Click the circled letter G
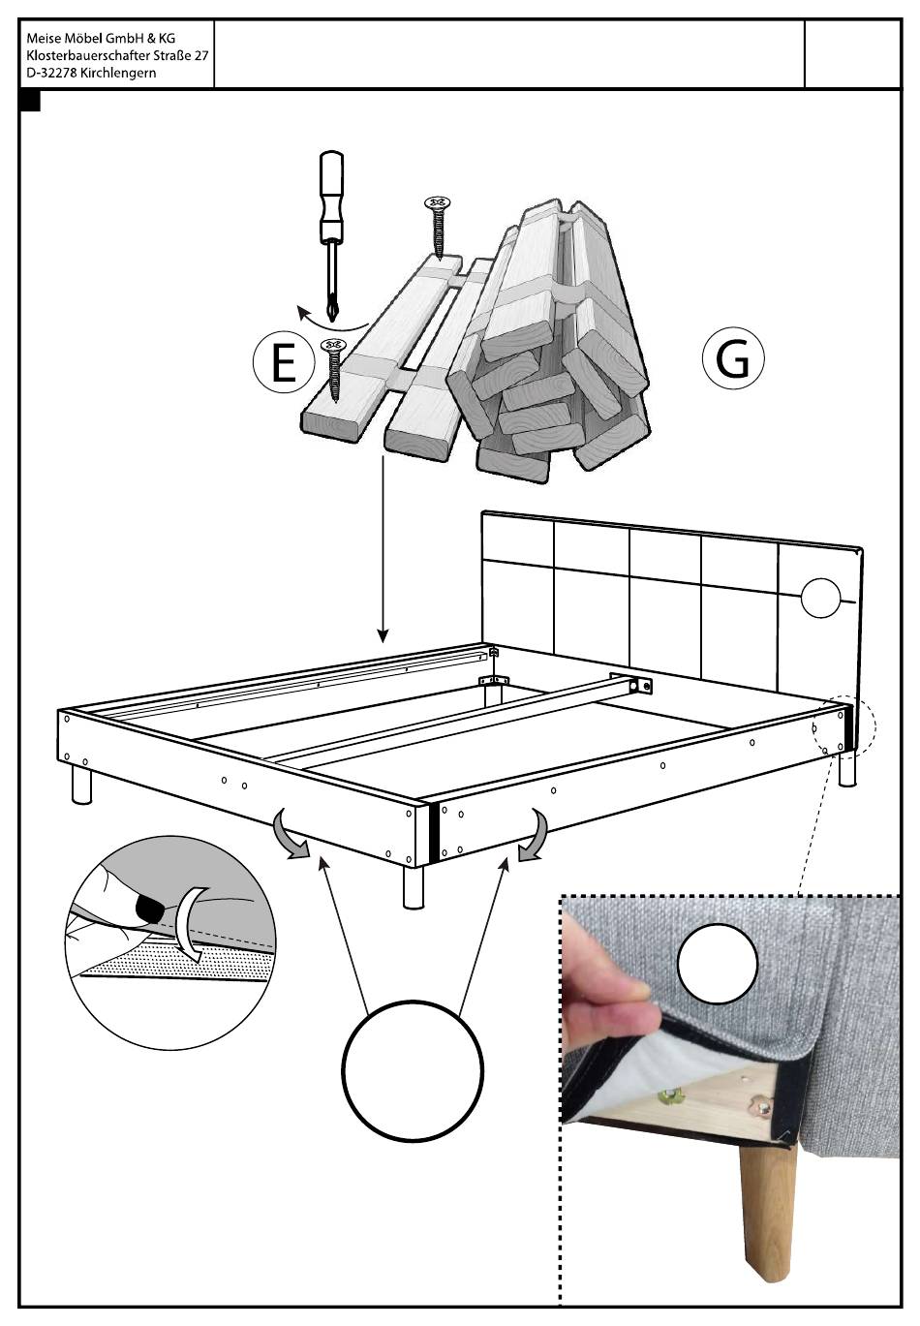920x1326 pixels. click(733, 358)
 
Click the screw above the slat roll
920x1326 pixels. click(438, 225)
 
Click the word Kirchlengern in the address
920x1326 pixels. click(118, 74)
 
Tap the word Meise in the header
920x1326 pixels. click(43, 39)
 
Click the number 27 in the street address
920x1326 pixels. click(200, 56)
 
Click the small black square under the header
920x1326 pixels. click(30, 101)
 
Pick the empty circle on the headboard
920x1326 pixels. click(821, 598)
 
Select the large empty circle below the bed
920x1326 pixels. click(413, 1071)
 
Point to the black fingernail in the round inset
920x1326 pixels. click(150, 909)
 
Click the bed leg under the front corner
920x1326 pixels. click(414, 886)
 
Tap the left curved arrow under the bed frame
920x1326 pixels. click(289, 836)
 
